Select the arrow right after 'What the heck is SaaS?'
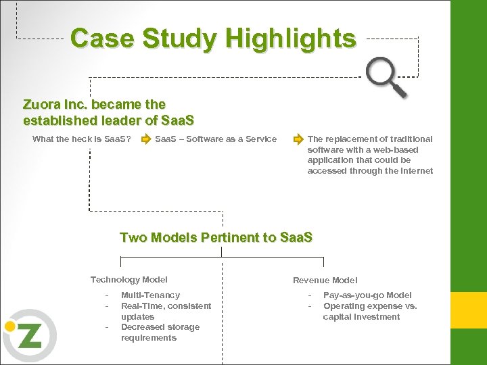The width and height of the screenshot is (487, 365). point(145,139)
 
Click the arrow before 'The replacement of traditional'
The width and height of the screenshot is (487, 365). point(298,139)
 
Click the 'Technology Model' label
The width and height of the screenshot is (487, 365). point(129,280)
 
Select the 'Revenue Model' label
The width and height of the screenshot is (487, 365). point(325,281)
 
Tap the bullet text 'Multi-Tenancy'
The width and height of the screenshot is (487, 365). point(150,295)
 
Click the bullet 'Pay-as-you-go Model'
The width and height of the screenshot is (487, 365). point(367,295)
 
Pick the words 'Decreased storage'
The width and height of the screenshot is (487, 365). point(160,327)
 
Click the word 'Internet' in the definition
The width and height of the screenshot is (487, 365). point(414,171)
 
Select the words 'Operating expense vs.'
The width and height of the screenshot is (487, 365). point(370,306)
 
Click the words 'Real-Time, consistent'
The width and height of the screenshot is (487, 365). point(166,306)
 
